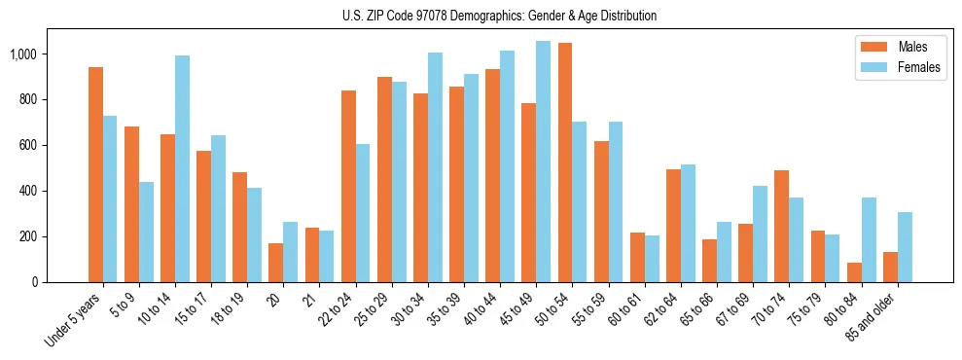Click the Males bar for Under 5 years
pyautogui.click(x=95, y=175)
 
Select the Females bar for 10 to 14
pyautogui.click(x=182, y=169)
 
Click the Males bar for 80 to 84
pyautogui.click(x=854, y=272)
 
